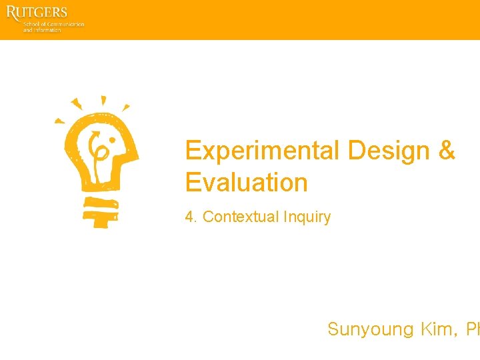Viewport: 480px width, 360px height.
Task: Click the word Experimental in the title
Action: [x=263, y=151]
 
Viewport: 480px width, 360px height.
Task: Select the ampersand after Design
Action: [x=447, y=151]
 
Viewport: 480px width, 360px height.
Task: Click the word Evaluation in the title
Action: [x=246, y=183]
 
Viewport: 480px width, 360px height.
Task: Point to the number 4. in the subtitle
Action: [x=191, y=217]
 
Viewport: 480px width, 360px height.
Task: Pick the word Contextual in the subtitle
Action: [x=241, y=217]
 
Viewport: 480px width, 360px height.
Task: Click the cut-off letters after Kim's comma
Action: [x=473, y=329]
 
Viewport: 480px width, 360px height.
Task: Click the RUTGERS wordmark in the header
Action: [x=37, y=13]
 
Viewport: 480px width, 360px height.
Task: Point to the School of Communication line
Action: [x=54, y=24]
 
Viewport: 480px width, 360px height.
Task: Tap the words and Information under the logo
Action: [x=42, y=30]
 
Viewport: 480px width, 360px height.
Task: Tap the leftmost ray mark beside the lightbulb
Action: [x=59, y=121]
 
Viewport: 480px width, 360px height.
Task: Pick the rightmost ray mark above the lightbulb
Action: [x=125, y=107]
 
